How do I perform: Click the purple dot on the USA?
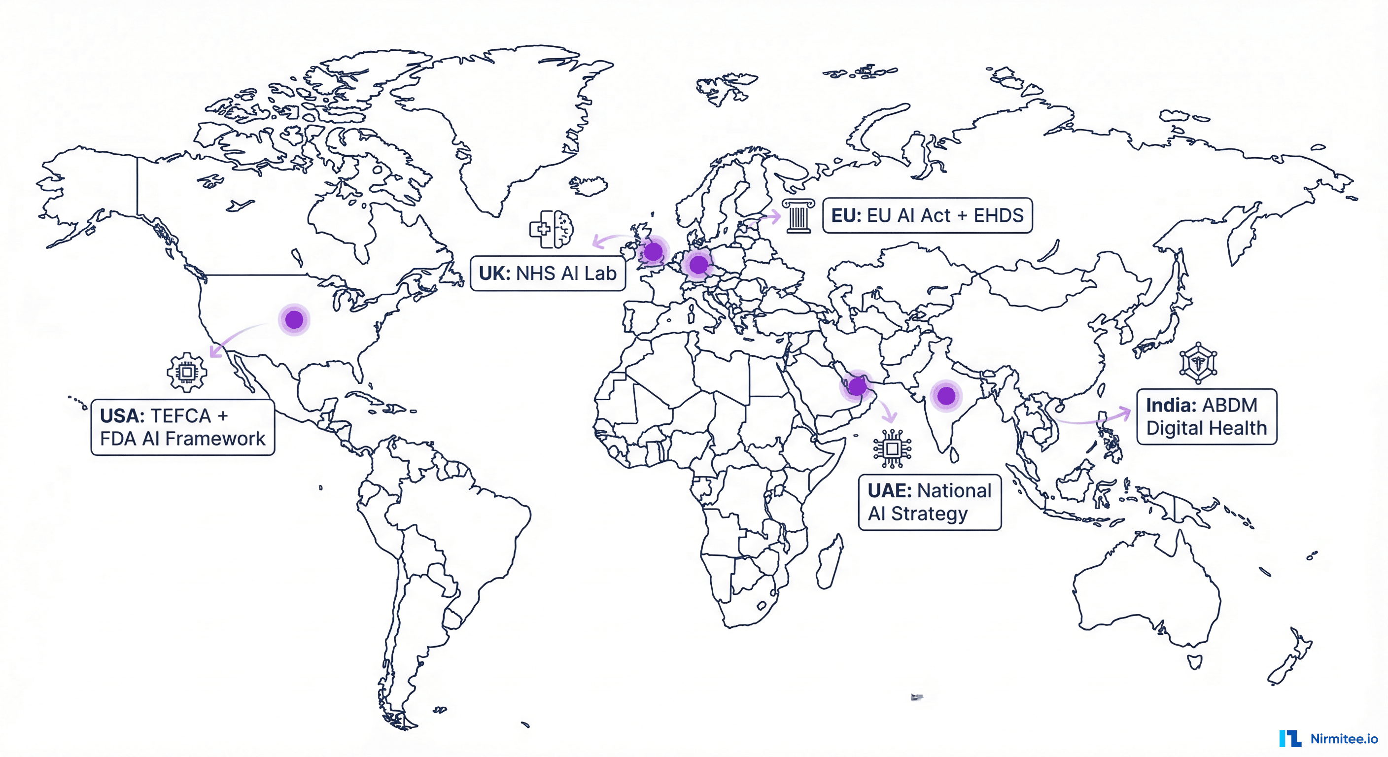[x=294, y=319]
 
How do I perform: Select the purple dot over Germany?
[x=699, y=265]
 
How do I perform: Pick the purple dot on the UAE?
[x=857, y=386]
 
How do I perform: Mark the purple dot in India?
[x=946, y=396]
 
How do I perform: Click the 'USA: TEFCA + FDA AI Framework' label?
[x=183, y=427]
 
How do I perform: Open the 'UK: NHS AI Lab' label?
[x=548, y=274]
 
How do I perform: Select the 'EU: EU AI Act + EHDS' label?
[x=927, y=215]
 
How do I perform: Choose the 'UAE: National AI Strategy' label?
[x=930, y=502]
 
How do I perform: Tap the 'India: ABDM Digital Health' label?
[x=1207, y=416]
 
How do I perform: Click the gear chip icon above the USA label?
[x=186, y=372]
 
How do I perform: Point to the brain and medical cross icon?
[x=552, y=229]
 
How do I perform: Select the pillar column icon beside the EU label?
[x=798, y=216]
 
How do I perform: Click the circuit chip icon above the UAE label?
[x=892, y=448]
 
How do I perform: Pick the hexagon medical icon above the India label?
[x=1198, y=363]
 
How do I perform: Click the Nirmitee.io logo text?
[x=1344, y=739]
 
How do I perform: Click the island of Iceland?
[x=589, y=186]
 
